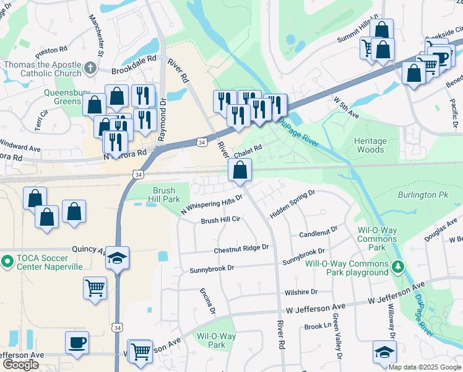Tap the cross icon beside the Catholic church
coord(90,68)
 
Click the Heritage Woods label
coord(370,145)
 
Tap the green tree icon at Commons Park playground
coord(399,267)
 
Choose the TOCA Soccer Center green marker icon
coord(7,261)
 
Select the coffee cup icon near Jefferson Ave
coord(77,342)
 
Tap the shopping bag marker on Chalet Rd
coord(240,170)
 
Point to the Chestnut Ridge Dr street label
coord(241,249)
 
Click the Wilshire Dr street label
coord(301,291)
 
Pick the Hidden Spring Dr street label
coord(292,204)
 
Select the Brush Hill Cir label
coord(220,220)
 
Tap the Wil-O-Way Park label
coord(216,340)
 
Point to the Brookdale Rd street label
coord(133,71)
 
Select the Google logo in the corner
coord(20,365)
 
